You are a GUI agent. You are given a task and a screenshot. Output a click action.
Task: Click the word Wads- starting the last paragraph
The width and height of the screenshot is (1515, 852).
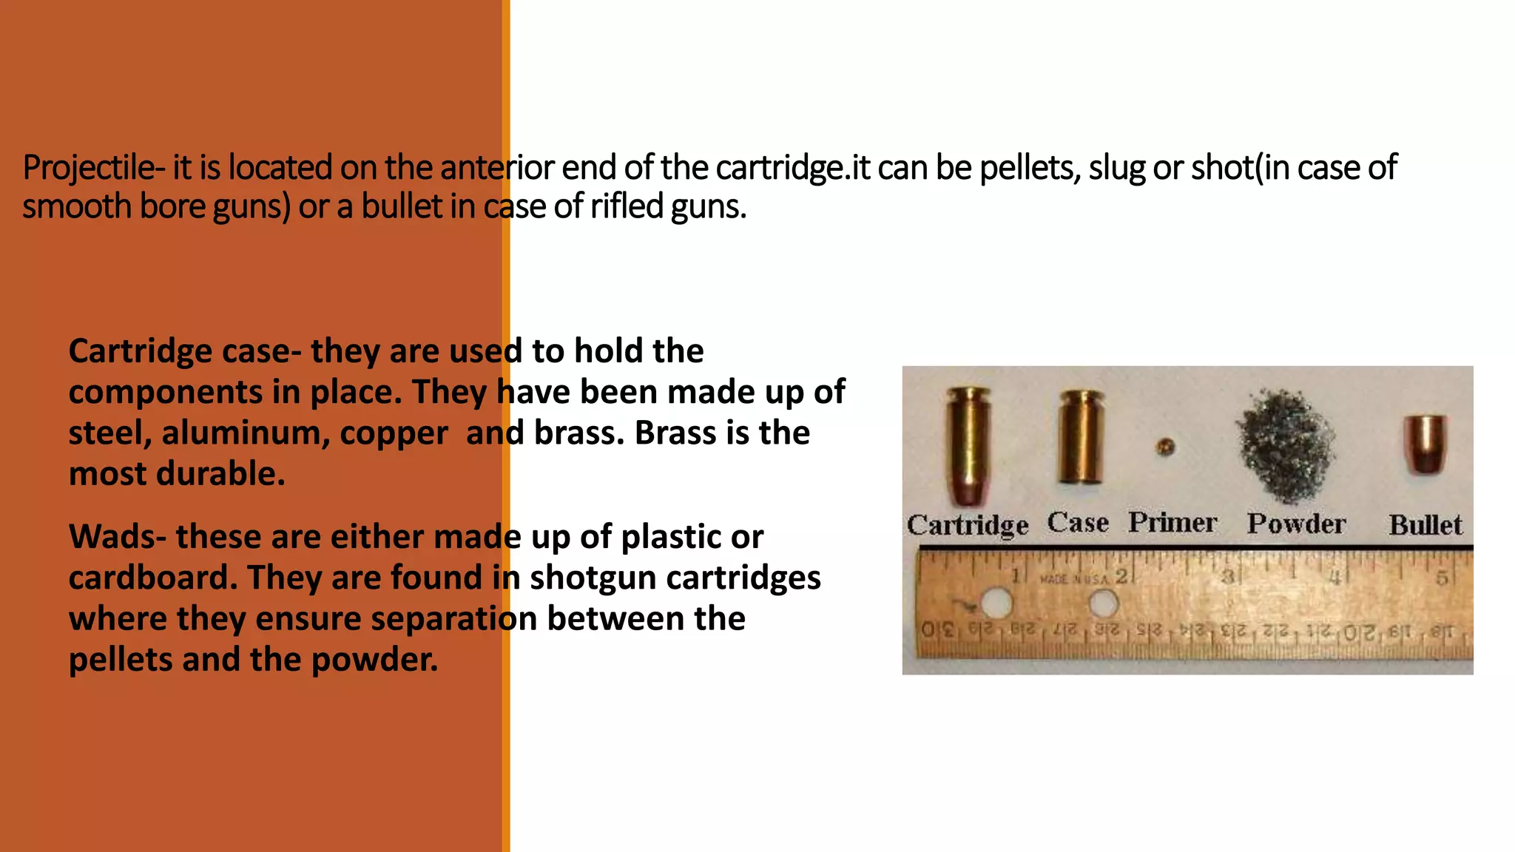(x=118, y=537)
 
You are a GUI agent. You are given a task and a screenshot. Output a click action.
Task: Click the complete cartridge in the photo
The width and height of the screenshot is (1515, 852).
(x=968, y=448)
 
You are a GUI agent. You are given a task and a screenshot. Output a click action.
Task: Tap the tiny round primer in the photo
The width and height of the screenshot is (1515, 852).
(x=1165, y=447)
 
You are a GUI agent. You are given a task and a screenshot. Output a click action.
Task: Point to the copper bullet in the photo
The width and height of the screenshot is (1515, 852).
(x=1425, y=444)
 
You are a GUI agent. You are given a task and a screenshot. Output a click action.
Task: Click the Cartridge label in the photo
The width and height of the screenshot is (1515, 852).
(x=968, y=525)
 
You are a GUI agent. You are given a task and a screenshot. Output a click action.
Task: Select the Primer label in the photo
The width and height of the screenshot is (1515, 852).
(x=1172, y=523)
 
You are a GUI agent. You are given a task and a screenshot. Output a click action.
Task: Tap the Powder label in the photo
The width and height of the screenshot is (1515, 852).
(x=1296, y=524)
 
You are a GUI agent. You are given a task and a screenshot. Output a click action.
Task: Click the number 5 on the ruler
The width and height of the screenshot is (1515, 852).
(x=1442, y=578)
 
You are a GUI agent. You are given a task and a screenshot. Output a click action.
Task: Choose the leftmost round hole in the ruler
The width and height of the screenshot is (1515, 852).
(x=996, y=603)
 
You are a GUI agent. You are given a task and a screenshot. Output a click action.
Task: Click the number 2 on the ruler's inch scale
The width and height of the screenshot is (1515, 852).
(x=1121, y=576)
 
